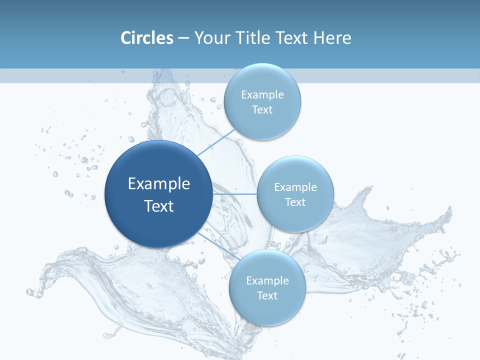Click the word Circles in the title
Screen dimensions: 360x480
tap(147, 38)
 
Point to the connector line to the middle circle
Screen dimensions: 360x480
tap(235, 194)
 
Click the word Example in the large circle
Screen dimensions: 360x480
tap(159, 184)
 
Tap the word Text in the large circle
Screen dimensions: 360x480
tap(159, 206)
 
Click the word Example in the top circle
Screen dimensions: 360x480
tap(262, 95)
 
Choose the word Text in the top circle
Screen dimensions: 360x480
tap(262, 110)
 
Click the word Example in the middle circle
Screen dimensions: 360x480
tap(295, 187)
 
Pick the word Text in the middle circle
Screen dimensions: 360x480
tap(295, 202)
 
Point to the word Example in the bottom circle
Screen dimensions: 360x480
tap(267, 281)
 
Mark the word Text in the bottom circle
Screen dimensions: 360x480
tap(267, 296)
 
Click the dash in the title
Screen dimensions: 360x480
tap(183, 38)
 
